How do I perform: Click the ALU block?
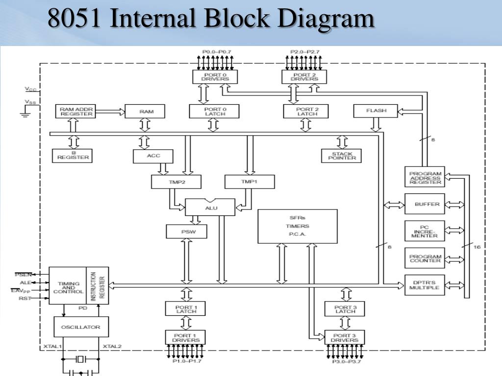(209, 208)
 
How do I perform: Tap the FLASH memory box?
(376, 111)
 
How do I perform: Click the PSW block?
(186, 232)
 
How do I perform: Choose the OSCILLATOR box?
(81, 327)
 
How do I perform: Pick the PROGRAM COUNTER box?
(425, 258)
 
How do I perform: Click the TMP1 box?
(250, 182)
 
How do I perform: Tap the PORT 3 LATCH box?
(345, 309)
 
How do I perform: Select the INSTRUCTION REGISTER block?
(98, 285)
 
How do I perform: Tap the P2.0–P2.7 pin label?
(304, 51)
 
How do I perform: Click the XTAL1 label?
(52, 347)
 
